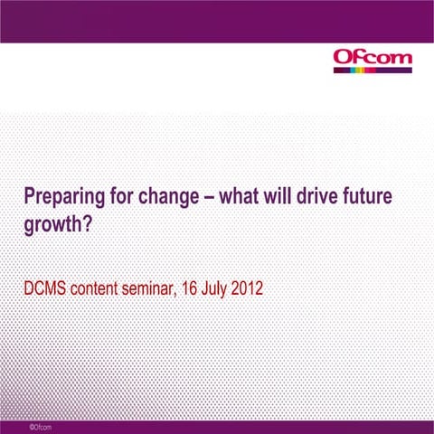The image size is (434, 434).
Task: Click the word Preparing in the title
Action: pos(57,197)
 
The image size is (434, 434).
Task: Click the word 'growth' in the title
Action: pos(52,224)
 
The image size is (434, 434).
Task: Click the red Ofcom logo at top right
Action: pos(373,60)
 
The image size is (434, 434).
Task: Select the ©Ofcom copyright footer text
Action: pos(40,426)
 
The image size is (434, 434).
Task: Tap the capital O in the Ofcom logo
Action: pos(344,60)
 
